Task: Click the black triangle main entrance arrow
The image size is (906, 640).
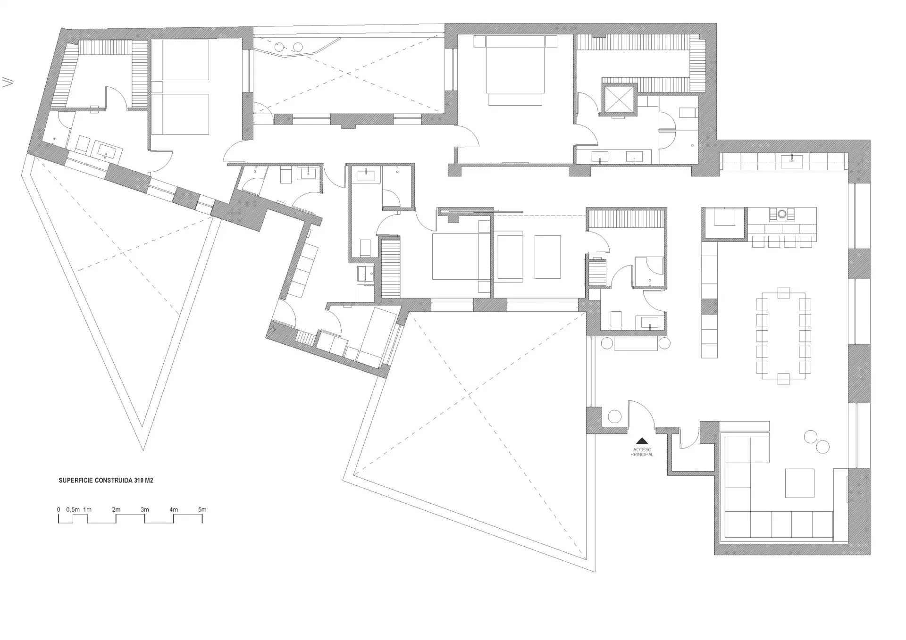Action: point(642,441)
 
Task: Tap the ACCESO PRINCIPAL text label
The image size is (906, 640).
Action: point(642,452)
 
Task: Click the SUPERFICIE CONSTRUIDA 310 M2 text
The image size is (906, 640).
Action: point(106,481)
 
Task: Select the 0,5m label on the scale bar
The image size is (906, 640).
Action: point(73,509)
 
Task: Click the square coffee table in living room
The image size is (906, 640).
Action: point(799,483)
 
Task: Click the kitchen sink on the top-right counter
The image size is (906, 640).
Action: point(792,161)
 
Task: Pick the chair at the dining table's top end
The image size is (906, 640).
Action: point(783,292)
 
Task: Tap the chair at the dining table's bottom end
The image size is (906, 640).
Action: point(783,379)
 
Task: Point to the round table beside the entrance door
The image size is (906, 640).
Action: point(615,417)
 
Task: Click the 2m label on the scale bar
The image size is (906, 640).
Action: point(116,509)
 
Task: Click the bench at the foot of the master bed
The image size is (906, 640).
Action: point(515,100)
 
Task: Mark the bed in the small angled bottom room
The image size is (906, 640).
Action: point(377,335)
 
